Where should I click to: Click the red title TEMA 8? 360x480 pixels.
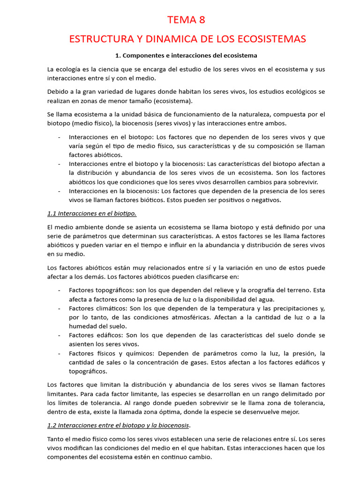[x=187, y=20]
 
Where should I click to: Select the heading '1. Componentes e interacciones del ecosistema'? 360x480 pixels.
[x=186, y=55]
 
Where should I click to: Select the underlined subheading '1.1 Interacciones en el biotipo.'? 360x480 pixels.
[x=92, y=213]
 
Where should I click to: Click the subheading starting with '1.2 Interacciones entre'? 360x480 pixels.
[x=119, y=425]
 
